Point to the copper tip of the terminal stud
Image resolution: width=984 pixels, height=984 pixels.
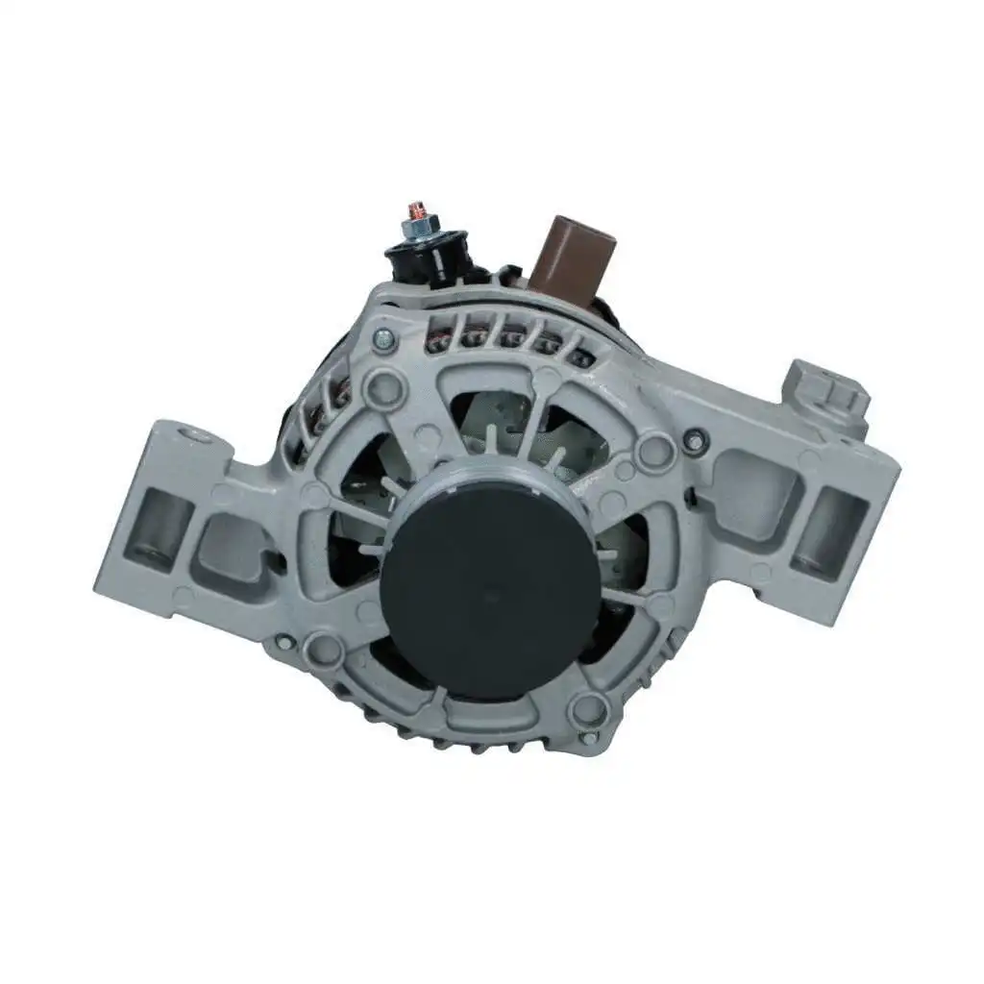pyautogui.click(x=416, y=210)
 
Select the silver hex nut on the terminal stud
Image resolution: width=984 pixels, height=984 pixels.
pyautogui.click(x=419, y=231)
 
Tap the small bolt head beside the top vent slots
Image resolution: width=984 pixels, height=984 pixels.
pyautogui.click(x=383, y=337)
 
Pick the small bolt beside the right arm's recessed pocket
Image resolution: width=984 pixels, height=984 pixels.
pyautogui.click(x=691, y=439)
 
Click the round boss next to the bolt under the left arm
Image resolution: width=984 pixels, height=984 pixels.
pyautogui.click(x=323, y=651)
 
